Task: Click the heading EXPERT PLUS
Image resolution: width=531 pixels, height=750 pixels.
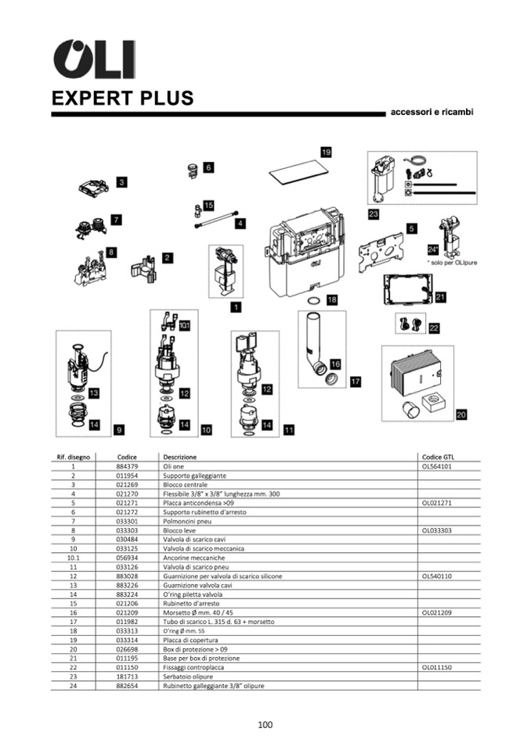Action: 123,99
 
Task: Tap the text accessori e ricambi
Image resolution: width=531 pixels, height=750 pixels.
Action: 432,113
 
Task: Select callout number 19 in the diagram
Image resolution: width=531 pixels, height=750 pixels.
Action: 326,151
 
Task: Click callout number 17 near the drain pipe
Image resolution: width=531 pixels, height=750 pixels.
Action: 355,382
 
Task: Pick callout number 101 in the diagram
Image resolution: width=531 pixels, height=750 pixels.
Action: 184,324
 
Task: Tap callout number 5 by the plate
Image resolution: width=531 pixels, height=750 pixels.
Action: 411,228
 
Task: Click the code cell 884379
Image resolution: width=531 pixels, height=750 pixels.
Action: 127,466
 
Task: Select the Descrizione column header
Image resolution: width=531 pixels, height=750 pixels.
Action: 180,457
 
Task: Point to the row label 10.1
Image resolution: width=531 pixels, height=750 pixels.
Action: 73,558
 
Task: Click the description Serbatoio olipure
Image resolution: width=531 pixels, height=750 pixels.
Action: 188,676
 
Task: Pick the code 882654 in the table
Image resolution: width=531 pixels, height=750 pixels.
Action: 127,686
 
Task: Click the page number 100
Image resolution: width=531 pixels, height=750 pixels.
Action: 265,725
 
